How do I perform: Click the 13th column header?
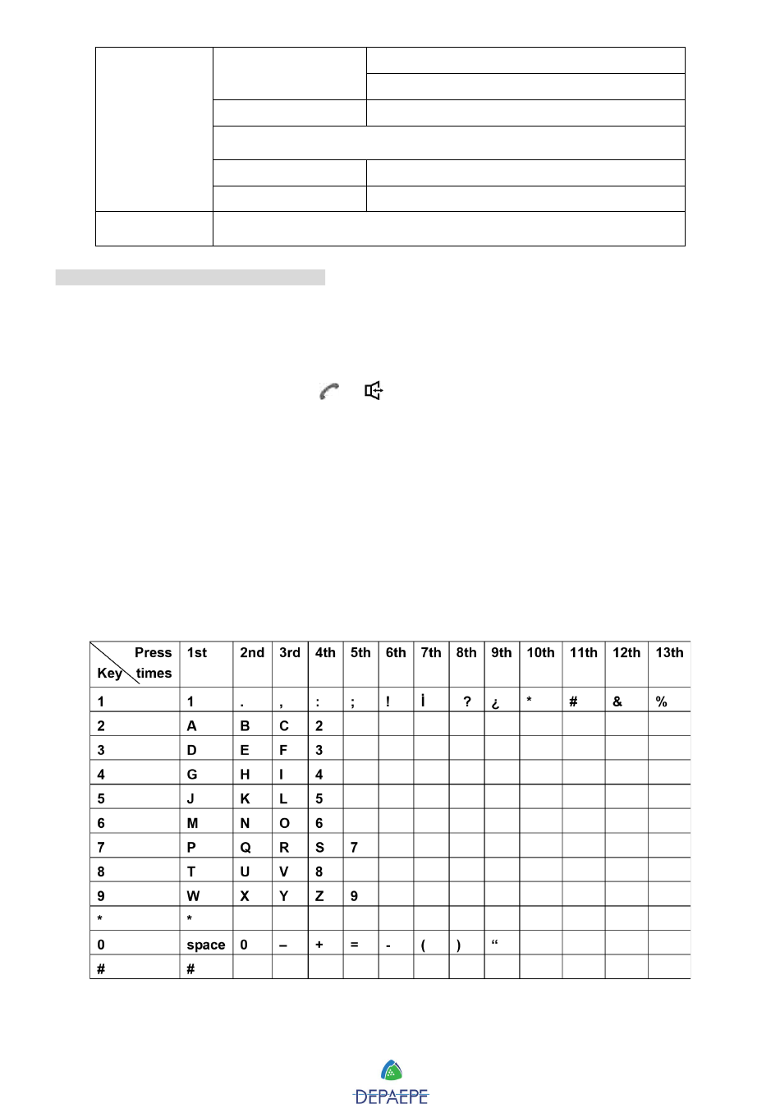coord(669,653)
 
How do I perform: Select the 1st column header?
coord(197,653)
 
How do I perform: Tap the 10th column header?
coord(540,653)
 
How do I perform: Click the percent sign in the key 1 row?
coord(662,701)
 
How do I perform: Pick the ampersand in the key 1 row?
coord(617,701)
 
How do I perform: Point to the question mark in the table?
coord(467,701)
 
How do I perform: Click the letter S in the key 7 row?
coord(319,848)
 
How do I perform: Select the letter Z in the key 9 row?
coord(319,896)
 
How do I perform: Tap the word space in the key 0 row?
coord(205,945)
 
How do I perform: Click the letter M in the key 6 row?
coord(193,823)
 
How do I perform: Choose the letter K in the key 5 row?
coord(245,798)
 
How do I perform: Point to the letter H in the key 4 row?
coord(245,775)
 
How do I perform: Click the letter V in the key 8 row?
coord(284,872)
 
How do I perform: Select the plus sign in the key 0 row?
coord(319,945)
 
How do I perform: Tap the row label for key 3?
coord(101,750)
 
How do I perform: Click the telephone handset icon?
coord(329,392)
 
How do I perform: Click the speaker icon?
coord(374,391)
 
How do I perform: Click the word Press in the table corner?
coord(154,653)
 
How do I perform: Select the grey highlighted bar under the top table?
coord(190,278)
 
